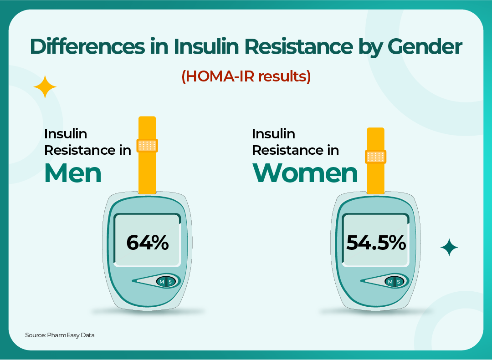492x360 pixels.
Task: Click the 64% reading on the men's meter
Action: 148,243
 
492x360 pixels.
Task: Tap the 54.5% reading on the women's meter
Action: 376,243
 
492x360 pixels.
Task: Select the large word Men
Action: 73,173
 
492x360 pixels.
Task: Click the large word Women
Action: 305,173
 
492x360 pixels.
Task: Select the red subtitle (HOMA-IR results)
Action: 246,76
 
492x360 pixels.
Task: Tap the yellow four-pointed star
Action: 45,87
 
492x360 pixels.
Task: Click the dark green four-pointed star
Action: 449,247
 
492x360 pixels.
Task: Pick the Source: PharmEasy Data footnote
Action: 60,335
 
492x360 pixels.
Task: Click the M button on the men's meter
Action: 161,282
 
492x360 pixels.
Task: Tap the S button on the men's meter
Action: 170,282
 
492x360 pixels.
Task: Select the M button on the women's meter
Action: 390,282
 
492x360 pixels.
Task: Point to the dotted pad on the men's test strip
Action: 147,146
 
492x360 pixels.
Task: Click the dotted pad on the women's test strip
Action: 376,157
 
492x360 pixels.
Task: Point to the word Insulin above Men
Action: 66,134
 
